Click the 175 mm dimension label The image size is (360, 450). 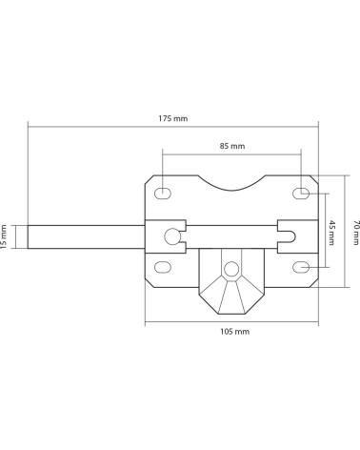[173, 118]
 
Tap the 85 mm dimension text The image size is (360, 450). [232, 146]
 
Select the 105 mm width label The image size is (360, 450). [235, 332]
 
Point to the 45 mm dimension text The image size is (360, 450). [330, 233]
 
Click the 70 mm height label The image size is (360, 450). [356, 233]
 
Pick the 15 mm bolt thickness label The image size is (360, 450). [4, 236]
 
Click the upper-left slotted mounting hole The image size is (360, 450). [163, 193]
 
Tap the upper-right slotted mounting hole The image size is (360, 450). [301, 193]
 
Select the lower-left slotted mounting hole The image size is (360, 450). [163, 267]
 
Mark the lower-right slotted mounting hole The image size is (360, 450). [301, 267]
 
